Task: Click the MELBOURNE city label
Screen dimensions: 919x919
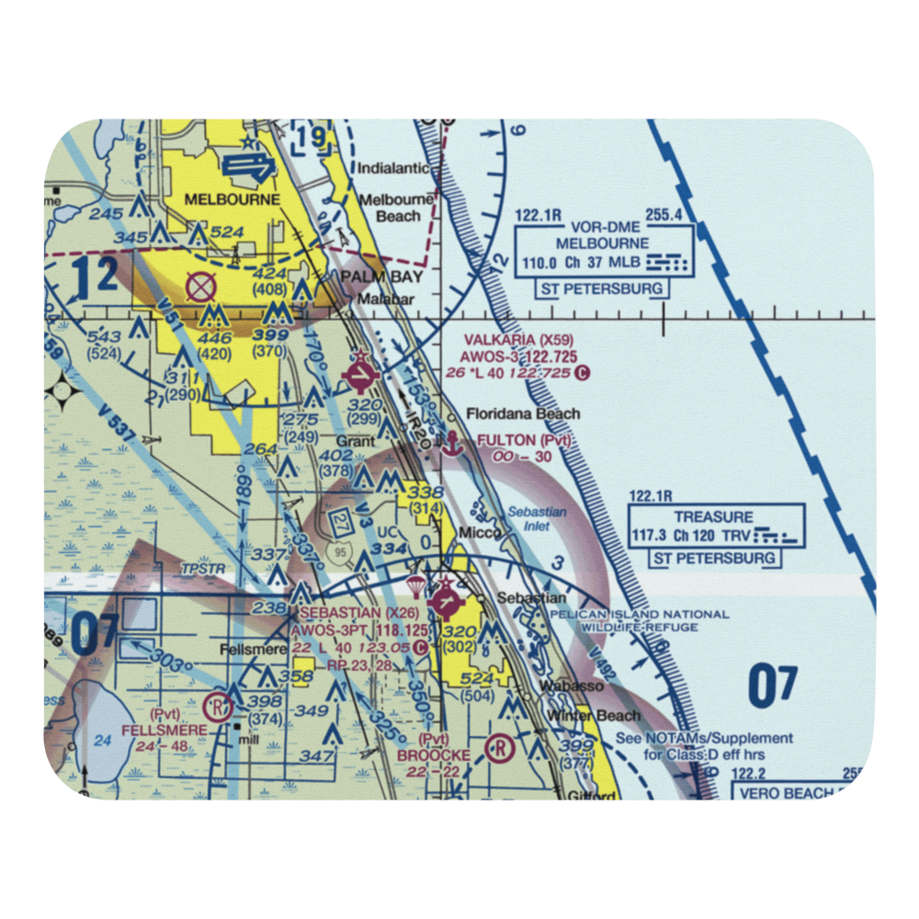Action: pyautogui.click(x=224, y=198)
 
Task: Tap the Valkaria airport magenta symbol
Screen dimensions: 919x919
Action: pyautogui.click(x=359, y=375)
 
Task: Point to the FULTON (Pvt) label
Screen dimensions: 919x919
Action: pyautogui.click(x=525, y=441)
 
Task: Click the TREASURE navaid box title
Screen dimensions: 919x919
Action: pyautogui.click(x=713, y=517)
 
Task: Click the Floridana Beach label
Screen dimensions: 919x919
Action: pyautogui.click(x=523, y=414)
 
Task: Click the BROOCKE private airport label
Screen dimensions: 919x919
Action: pyautogui.click(x=434, y=754)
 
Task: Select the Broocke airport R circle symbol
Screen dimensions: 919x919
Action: pyautogui.click(x=499, y=748)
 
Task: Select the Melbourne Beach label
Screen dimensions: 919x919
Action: pyautogui.click(x=395, y=208)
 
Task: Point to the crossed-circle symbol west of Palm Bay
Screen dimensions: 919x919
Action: pyautogui.click(x=199, y=289)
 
